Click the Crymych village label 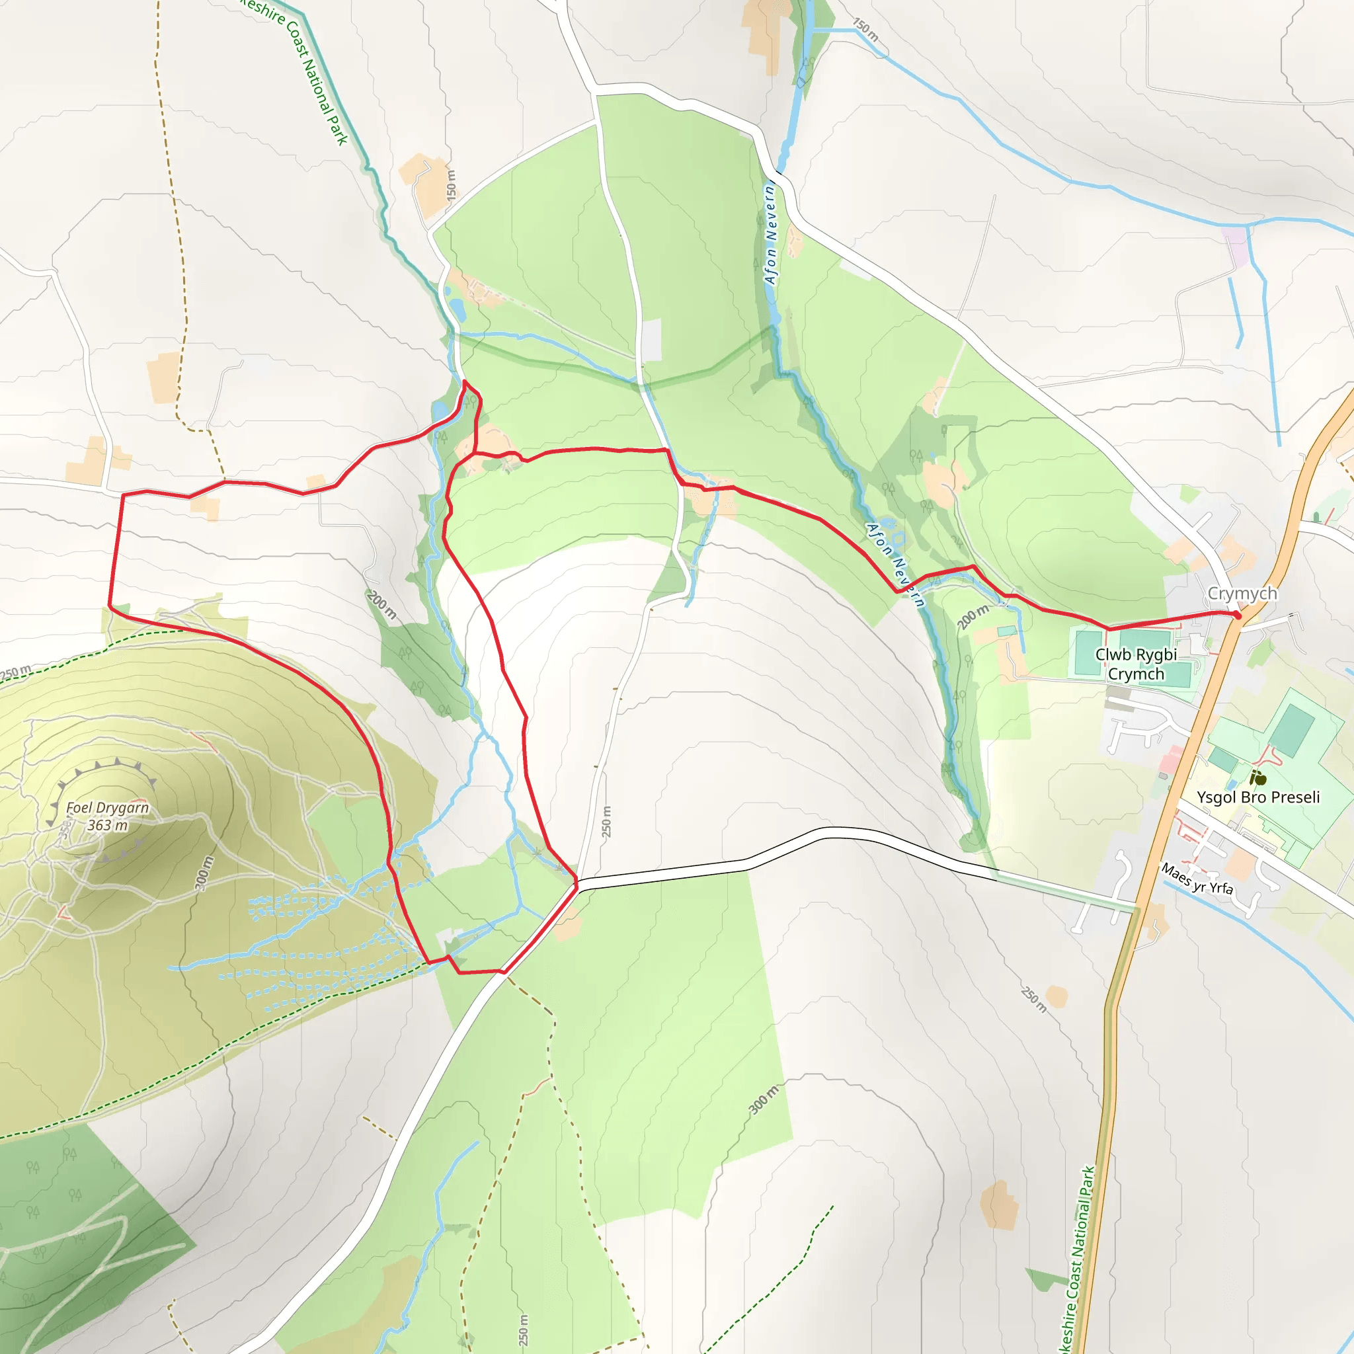(x=1242, y=594)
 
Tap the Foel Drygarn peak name (x=107, y=807)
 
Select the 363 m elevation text (x=107, y=825)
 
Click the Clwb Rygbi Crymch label (x=1136, y=664)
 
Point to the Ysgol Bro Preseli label (x=1258, y=797)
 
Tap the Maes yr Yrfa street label (x=1197, y=879)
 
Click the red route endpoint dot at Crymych (x=1238, y=616)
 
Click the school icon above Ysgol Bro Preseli (x=1259, y=778)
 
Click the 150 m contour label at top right (x=865, y=30)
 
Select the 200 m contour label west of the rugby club (x=973, y=616)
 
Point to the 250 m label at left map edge (x=15, y=672)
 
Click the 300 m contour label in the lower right (x=763, y=1099)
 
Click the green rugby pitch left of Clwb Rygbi (x=1088, y=652)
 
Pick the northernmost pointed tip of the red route (x=465, y=381)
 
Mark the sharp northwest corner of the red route (x=124, y=495)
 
